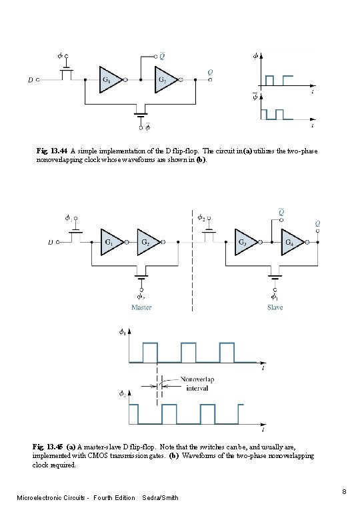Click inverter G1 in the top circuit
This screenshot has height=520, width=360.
pyautogui.click(x=108, y=79)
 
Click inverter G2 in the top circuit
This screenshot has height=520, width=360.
pyautogui.click(x=163, y=79)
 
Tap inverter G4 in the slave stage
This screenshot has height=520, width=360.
pyautogui.click(x=291, y=242)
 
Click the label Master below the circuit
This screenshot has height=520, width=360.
pyautogui.click(x=141, y=307)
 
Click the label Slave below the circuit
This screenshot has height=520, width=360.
pyautogui.click(x=275, y=307)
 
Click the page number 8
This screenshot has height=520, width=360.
pyautogui.click(x=344, y=492)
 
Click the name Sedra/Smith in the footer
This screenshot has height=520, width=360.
pyautogui.click(x=161, y=498)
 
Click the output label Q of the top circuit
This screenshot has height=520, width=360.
pyautogui.click(x=211, y=71)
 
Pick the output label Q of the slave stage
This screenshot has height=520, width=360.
pyautogui.click(x=318, y=224)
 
